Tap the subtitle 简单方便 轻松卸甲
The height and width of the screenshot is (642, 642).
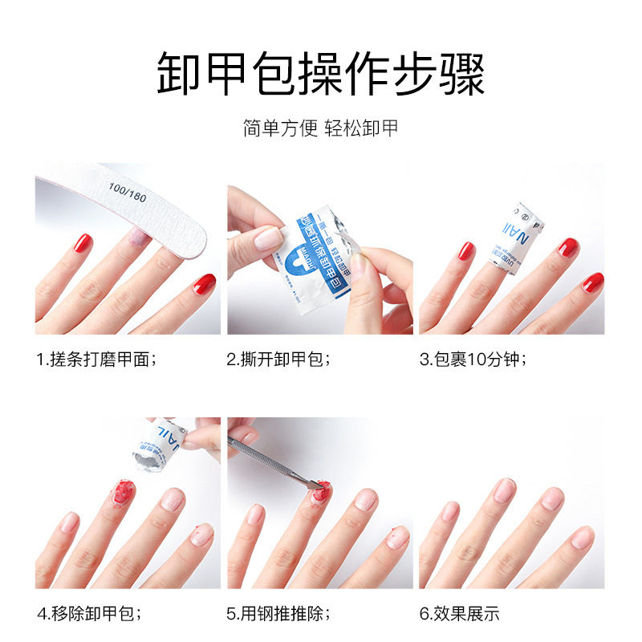(321, 128)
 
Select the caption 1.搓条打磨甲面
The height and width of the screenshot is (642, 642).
(96, 360)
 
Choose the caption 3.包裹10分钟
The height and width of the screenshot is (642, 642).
(473, 360)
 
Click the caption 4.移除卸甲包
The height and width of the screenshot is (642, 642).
(90, 615)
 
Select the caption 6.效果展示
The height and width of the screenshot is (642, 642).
(459, 615)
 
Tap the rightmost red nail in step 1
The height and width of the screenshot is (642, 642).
(204, 283)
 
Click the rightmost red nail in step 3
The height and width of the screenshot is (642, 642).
(592, 282)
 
